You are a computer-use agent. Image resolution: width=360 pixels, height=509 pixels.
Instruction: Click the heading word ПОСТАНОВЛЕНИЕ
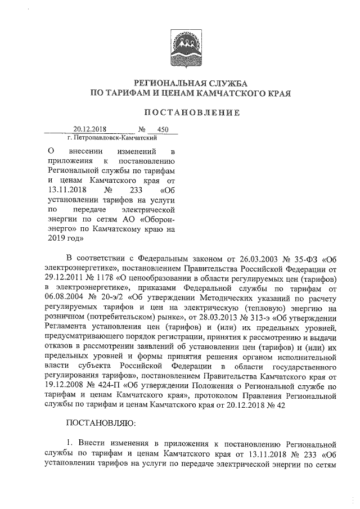click(192, 113)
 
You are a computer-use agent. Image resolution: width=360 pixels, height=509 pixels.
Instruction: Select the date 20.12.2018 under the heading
click(91, 129)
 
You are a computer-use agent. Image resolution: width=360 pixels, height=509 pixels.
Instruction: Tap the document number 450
click(163, 129)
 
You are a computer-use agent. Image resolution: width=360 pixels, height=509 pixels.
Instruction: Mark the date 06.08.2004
click(66, 299)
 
